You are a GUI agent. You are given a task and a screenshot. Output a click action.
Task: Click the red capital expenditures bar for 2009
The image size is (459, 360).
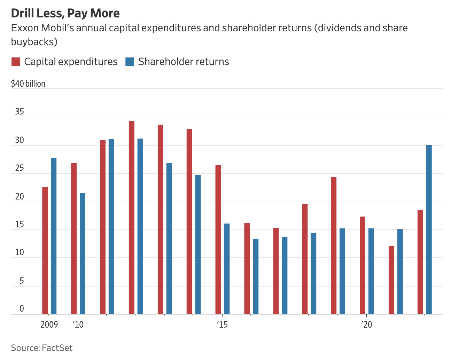(45, 251)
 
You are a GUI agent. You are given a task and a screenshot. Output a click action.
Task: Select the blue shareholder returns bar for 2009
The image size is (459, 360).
(54, 236)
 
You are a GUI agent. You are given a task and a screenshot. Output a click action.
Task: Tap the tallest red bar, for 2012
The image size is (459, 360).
(132, 218)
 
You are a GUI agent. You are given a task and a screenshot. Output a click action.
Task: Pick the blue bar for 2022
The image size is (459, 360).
(429, 229)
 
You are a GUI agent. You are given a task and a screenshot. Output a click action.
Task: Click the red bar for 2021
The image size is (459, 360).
(391, 280)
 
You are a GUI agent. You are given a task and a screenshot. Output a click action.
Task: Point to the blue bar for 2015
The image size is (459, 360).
(227, 269)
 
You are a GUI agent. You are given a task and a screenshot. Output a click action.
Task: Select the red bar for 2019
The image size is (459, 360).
(334, 245)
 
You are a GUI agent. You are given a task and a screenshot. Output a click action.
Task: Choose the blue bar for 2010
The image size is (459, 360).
(83, 253)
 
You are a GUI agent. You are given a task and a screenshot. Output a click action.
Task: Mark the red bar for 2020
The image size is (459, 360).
(363, 265)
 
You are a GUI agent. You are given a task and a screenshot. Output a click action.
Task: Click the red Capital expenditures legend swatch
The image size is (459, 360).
(16, 62)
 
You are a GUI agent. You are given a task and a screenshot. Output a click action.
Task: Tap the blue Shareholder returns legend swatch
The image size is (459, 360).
(130, 62)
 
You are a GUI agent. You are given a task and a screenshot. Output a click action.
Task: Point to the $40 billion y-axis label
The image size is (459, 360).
(28, 84)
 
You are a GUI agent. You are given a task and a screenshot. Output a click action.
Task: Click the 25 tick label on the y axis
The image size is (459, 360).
(20, 169)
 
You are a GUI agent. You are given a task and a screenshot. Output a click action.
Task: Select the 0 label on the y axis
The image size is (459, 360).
(22, 309)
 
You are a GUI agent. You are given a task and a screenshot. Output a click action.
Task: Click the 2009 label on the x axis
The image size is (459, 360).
(49, 325)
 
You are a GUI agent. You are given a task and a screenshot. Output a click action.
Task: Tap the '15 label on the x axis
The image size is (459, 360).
(222, 325)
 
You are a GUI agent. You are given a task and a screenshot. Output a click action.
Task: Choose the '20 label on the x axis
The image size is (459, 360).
(367, 325)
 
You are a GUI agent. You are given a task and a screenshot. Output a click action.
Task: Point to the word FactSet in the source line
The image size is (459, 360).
(57, 348)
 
